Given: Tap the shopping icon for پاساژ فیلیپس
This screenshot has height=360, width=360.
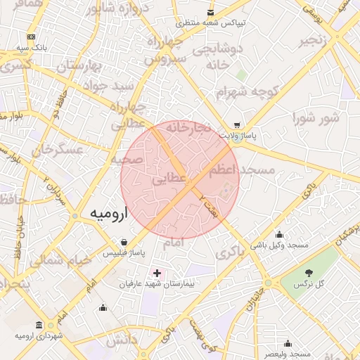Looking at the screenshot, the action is [x=124, y=241].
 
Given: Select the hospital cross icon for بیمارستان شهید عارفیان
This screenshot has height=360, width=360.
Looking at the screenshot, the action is [x=156, y=272].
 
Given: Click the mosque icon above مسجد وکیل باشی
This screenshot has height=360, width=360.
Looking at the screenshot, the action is [x=280, y=235].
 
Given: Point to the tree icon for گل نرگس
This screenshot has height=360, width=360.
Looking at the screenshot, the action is [x=309, y=272].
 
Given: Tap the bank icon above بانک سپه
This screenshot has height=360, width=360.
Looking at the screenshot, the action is [x=31, y=37].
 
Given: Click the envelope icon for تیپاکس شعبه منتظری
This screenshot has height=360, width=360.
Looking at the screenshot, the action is [x=210, y=13].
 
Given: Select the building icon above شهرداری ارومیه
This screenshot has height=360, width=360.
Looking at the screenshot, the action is [x=38, y=326].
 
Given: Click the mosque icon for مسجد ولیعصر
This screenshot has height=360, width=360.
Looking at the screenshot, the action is [x=288, y=343].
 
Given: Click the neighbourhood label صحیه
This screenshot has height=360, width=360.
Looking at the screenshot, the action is [x=127, y=159].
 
